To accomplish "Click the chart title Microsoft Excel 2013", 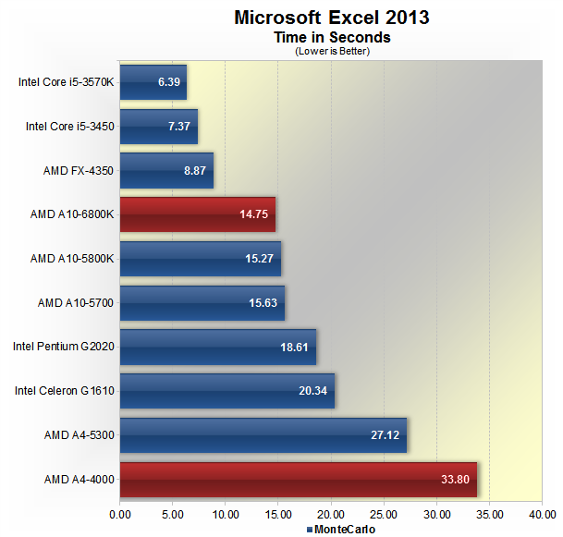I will [331, 18].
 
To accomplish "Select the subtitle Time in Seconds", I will [332, 38].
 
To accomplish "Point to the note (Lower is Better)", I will [332, 51].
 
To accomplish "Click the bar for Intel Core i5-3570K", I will [153, 82].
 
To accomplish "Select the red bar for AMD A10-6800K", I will [198, 214].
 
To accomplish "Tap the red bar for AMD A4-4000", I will [298, 480].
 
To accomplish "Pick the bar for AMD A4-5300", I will [263, 435].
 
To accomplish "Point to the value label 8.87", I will [194, 171].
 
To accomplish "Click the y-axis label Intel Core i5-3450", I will [70, 127].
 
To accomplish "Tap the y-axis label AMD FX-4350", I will [79, 171].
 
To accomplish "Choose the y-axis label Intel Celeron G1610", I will [65, 391].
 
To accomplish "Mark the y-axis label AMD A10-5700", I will [76, 303].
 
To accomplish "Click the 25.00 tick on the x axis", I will [384, 515].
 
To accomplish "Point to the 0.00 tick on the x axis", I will [120, 515].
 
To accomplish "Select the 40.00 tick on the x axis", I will [542, 515].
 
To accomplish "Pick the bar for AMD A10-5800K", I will [201, 259].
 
